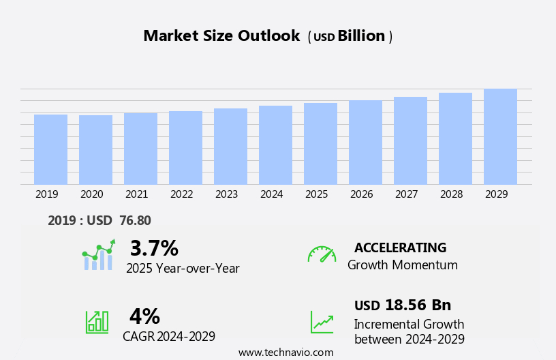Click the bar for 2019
(50, 149)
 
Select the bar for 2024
(275, 145)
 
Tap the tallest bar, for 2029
(500, 136)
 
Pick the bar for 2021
(140, 149)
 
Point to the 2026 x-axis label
(361, 194)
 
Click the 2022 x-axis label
(181, 194)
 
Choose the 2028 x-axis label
(451, 194)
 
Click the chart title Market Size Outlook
(221, 36)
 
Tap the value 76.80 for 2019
(135, 220)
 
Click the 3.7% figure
(154, 248)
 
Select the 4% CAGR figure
(144, 316)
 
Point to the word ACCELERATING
(400, 247)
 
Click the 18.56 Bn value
(418, 305)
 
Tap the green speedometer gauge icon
(322, 254)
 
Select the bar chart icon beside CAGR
(97, 321)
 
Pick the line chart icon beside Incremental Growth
(322, 322)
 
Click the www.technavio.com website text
(285, 352)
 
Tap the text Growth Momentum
(402, 265)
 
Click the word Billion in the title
(361, 36)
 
